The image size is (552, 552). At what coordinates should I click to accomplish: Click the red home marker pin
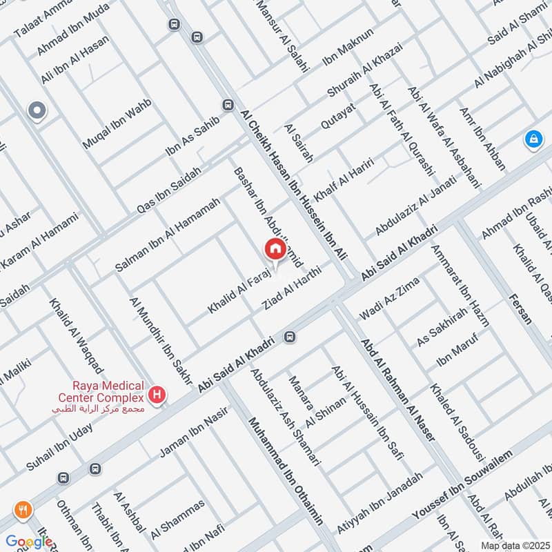(274, 250)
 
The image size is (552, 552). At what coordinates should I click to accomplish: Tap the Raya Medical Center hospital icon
(158, 395)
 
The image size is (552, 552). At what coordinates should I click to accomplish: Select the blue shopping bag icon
(532, 139)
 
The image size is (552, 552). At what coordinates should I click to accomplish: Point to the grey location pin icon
(36, 110)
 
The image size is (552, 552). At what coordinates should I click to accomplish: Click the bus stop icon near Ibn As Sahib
(227, 105)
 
